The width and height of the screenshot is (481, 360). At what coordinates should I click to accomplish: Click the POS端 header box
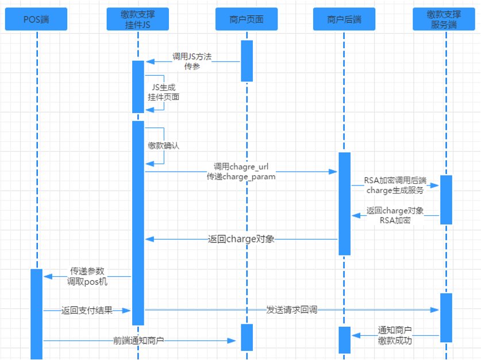point(36,19)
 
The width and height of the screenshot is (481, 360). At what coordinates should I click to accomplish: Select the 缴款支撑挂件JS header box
point(138,19)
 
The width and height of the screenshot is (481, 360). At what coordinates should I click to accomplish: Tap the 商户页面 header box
point(247,19)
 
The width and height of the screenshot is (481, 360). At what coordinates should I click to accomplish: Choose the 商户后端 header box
point(344,19)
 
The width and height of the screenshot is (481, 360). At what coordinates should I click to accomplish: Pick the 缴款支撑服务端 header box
point(445,19)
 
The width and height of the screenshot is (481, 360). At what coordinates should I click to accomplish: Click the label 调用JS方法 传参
point(192,61)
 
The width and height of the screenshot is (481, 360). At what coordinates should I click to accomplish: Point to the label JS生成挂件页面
point(163,92)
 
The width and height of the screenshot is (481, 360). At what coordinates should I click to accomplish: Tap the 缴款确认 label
point(163,146)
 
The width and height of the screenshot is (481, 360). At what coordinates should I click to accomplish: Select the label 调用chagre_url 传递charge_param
point(241,172)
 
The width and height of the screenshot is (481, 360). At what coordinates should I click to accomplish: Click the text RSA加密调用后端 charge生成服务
point(394,185)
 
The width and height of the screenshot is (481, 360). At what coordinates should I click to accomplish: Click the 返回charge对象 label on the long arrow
point(241,239)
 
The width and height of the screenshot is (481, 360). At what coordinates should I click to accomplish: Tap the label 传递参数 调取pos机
point(87,276)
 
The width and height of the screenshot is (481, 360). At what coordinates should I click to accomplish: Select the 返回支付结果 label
point(87,310)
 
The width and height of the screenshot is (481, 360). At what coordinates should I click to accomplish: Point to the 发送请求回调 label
point(291,310)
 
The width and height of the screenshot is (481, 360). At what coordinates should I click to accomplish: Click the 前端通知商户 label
point(138,340)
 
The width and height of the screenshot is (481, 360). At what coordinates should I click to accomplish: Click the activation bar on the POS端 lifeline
point(37,313)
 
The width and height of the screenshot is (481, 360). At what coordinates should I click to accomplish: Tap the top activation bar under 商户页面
point(247,60)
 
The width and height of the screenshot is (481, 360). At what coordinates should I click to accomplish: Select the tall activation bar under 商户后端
point(344,203)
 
